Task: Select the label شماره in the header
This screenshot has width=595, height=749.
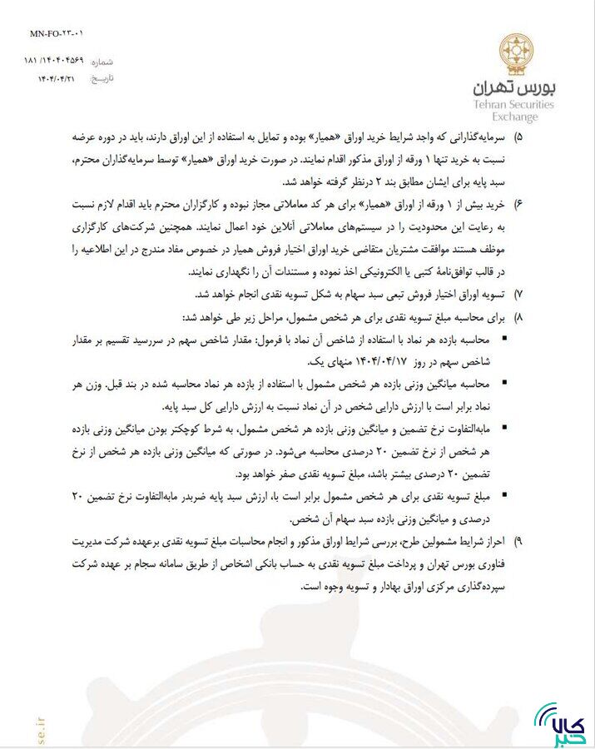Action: (101, 62)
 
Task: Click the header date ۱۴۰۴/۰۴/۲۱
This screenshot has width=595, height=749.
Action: (56, 78)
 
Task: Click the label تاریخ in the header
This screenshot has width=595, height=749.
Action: (101, 78)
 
